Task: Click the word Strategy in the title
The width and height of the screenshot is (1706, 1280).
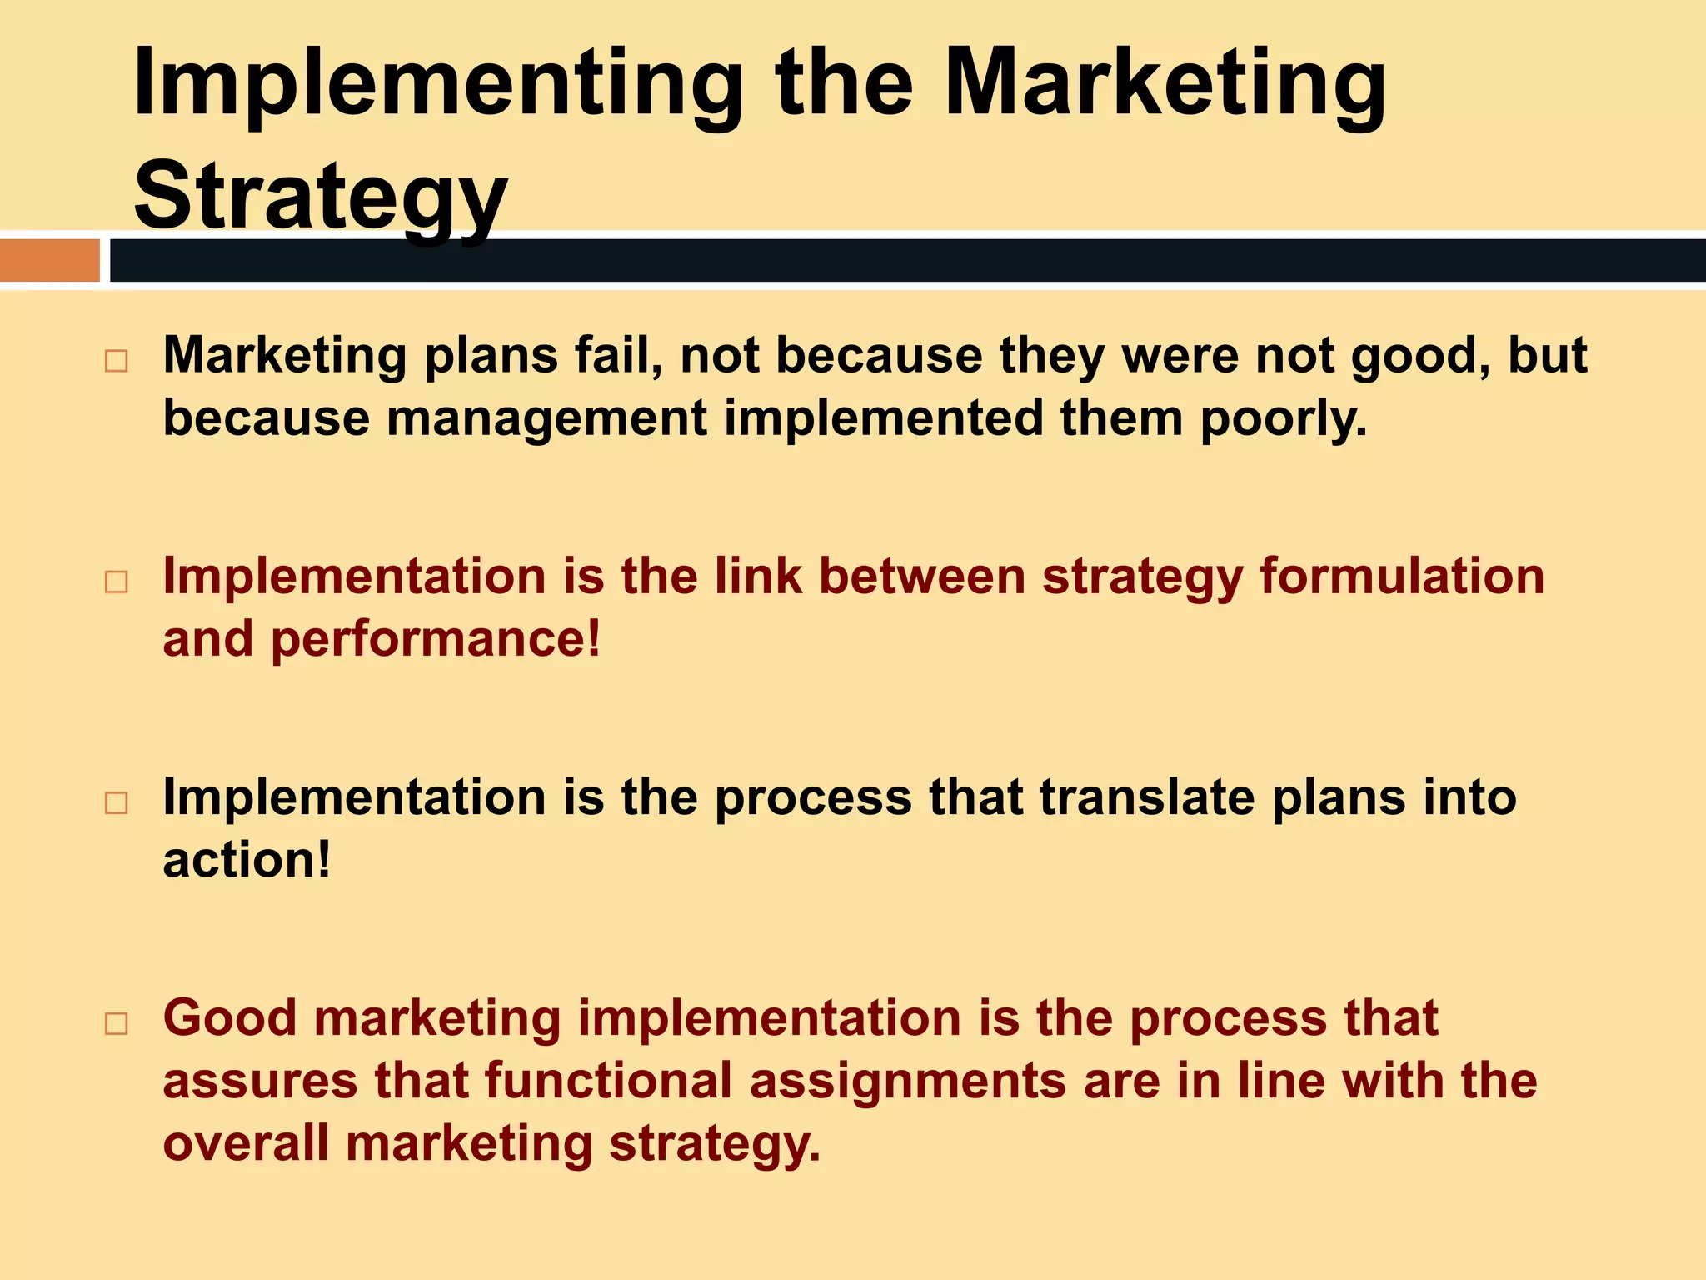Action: point(320,196)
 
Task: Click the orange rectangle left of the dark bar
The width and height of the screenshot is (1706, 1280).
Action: point(49,260)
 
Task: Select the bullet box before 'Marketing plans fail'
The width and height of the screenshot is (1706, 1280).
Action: point(117,361)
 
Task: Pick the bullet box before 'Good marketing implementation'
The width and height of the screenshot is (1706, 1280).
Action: point(117,1023)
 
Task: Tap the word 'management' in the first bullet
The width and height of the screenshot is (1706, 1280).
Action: point(546,418)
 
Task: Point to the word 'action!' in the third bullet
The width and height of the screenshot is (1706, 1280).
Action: point(247,860)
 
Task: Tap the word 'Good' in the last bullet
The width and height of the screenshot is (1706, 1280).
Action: point(229,1018)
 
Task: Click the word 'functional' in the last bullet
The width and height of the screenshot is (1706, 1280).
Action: point(608,1081)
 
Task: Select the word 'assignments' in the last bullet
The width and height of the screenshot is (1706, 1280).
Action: point(908,1081)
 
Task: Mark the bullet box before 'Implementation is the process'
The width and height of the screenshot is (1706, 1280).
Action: point(117,802)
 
